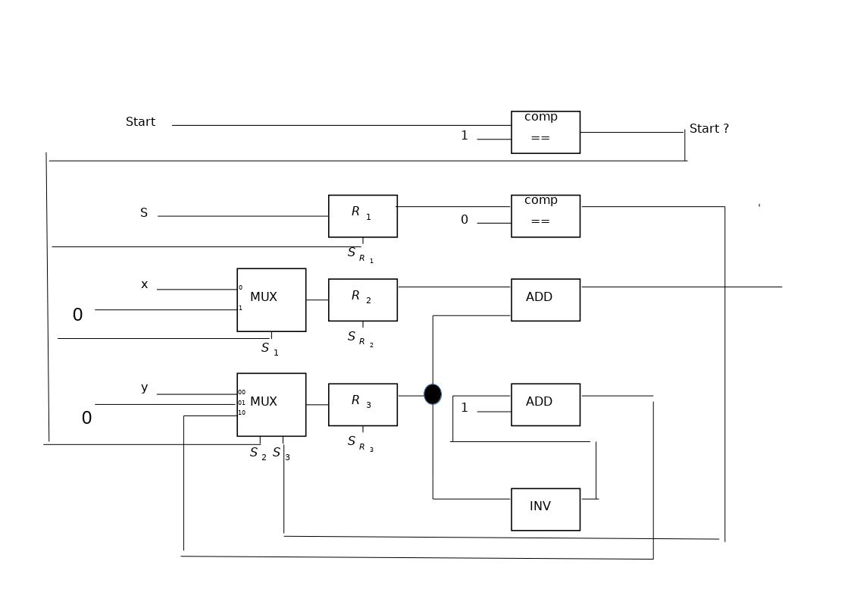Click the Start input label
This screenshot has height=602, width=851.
tap(140, 122)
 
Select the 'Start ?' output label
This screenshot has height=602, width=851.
tap(709, 129)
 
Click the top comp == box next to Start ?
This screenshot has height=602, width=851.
tap(545, 132)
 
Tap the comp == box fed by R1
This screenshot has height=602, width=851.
tap(545, 216)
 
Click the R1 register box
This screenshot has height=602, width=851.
tap(362, 216)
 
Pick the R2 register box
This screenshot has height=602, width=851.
tap(362, 299)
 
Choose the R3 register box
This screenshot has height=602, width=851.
tap(362, 404)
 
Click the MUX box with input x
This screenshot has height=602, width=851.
tap(271, 299)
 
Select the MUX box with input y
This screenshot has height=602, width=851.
tap(271, 404)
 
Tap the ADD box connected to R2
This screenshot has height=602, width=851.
tap(545, 299)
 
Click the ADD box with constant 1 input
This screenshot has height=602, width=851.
tap(545, 404)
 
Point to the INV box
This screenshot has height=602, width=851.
tap(545, 509)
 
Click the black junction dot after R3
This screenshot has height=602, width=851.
tap(433, 394)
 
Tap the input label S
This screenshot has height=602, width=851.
tap(144, 213)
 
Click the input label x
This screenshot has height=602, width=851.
tap(144, 285)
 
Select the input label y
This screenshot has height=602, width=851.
tap(144, 388)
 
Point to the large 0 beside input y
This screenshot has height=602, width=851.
tap(86, 419)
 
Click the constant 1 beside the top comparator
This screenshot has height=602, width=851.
tap(465, 136)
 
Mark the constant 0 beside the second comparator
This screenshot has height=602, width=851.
tap(465, 220)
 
